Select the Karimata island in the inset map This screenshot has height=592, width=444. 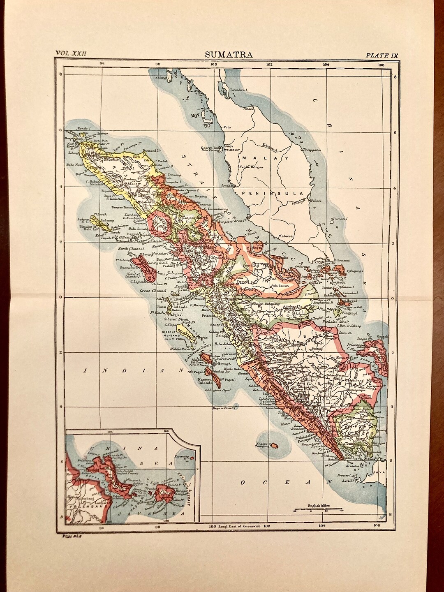point(192,457)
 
